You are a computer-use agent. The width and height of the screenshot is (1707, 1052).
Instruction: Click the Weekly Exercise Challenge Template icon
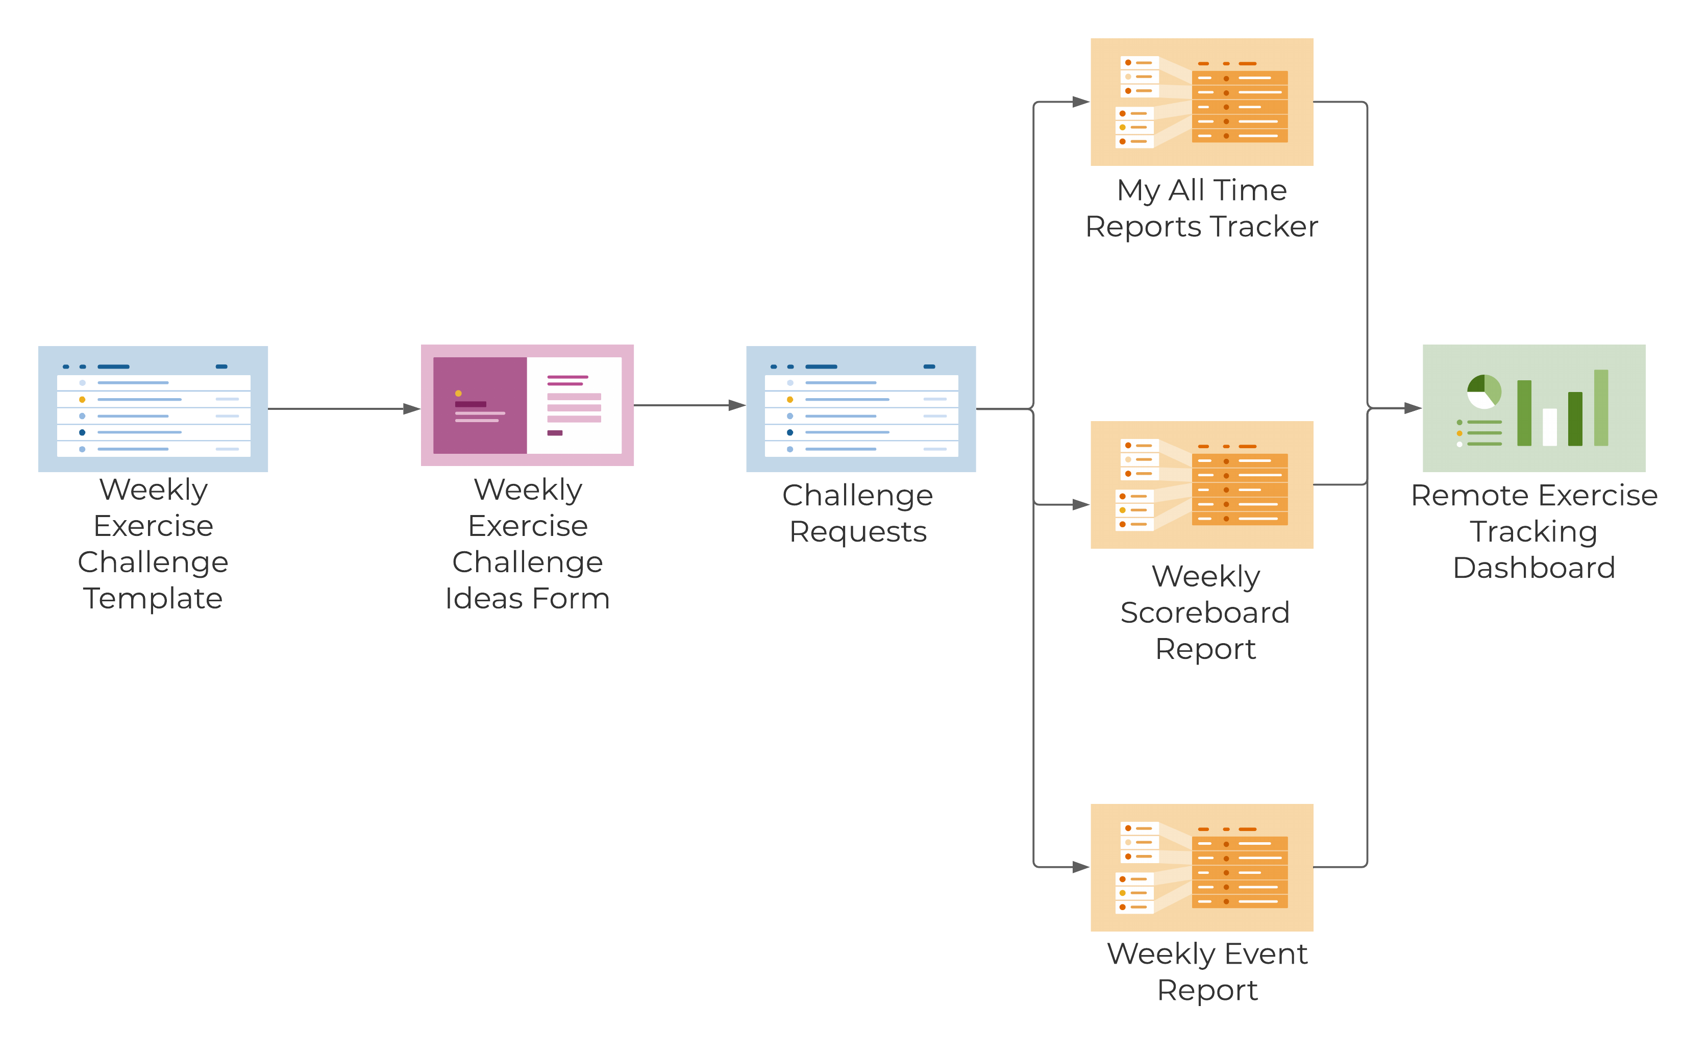(153, 408)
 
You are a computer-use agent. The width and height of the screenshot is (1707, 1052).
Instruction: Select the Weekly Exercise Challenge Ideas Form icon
(527, 405)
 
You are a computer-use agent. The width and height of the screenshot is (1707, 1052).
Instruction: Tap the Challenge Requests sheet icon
(860, 408)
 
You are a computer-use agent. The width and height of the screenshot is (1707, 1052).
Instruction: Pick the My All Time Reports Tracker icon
(1201, 102)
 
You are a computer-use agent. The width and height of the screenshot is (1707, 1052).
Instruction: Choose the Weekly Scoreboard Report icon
(1201, 484)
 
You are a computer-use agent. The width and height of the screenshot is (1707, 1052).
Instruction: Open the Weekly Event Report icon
(1201, 867)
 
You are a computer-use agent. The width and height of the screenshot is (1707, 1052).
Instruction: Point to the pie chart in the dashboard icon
(1483, 392)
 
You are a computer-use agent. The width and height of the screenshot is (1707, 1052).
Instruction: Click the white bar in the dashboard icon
(1549, 427)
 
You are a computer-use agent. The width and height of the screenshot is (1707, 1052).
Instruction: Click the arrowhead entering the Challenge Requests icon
(737, 405)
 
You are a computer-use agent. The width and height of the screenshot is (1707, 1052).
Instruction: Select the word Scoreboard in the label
(1205, 613)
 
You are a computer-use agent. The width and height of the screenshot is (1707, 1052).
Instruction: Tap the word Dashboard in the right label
(1534, 568)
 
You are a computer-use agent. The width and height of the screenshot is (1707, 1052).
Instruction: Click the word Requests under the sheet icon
(858, 531)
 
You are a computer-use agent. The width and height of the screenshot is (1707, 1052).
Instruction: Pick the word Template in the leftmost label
(153, 598)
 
